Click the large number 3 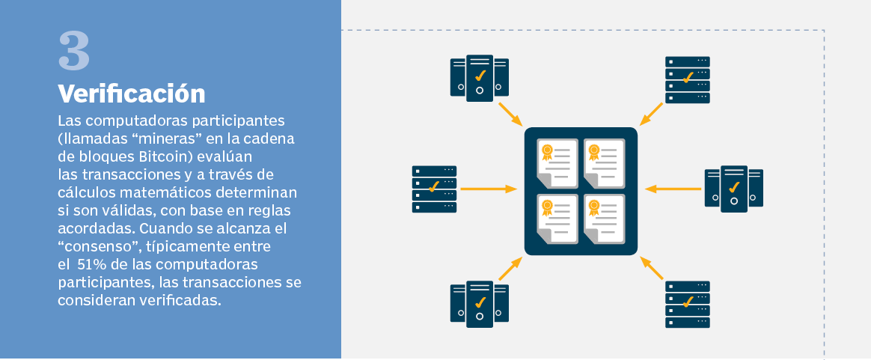point(74,52)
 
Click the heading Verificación point(132,94)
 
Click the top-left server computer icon point(479,78)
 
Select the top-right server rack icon point(687,79)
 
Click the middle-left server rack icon point(434,189)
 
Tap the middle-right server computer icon point(734,189)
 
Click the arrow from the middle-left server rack point(488,189)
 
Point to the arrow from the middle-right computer point(673,189)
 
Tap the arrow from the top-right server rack point(651,114)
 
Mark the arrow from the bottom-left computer point(510,268)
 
